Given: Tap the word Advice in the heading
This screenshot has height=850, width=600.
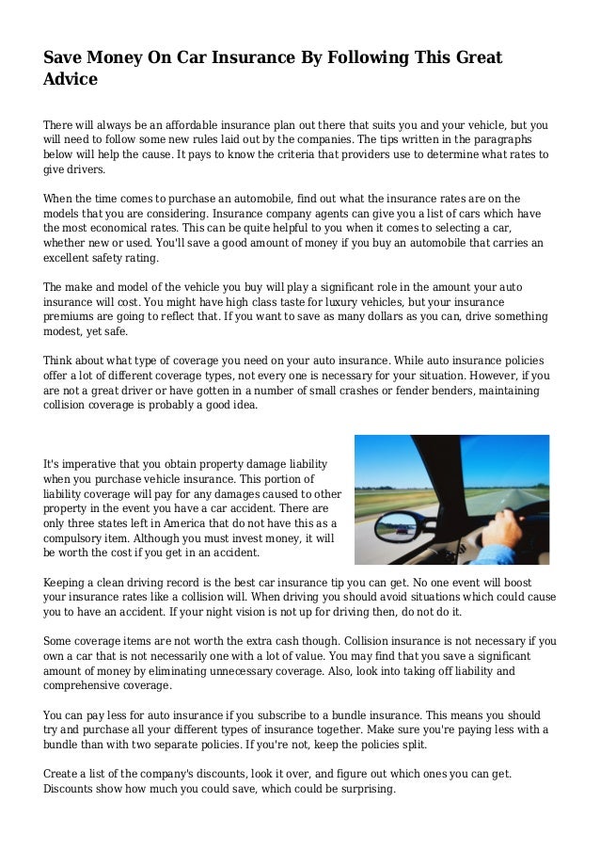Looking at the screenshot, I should [x=71, y=82].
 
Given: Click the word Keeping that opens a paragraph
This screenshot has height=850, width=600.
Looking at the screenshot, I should [x=70, y=582].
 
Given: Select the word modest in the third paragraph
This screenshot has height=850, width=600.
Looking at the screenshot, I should [x=69, y=332].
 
